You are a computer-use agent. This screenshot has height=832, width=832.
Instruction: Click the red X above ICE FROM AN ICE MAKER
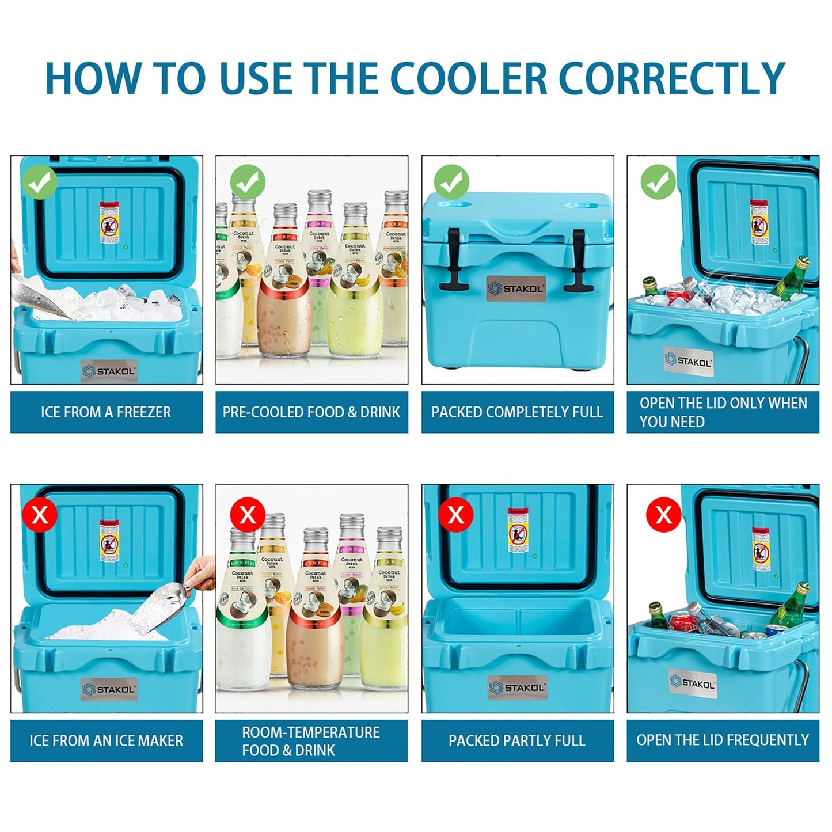[x=40, y=514]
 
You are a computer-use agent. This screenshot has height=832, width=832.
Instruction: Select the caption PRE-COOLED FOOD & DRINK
[x=311, y=412]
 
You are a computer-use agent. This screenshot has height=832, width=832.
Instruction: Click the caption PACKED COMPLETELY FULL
[x=517, y=412]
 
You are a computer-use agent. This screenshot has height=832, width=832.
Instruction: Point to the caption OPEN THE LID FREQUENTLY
[x=723, y=740]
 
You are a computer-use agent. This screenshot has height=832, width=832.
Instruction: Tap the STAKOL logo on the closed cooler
[x=516, y=288]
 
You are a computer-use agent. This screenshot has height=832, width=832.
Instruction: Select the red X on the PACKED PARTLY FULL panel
[x=455, y=514]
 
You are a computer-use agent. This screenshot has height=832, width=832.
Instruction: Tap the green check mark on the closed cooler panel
[x=452, y=183]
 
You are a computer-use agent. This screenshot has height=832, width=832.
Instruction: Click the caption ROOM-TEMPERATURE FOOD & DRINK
[x=311, y=740]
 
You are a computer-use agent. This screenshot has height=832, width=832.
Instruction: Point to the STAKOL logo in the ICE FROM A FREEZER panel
[x=109, y=371]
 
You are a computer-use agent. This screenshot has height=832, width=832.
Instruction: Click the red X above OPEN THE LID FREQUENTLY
[x=663, y=514]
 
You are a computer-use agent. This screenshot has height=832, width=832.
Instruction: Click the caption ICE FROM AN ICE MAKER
[x=107, y=740]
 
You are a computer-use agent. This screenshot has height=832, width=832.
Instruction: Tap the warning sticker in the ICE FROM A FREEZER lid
[x=109, y=222]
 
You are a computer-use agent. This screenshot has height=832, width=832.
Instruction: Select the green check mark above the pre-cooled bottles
[x=248, y=183]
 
